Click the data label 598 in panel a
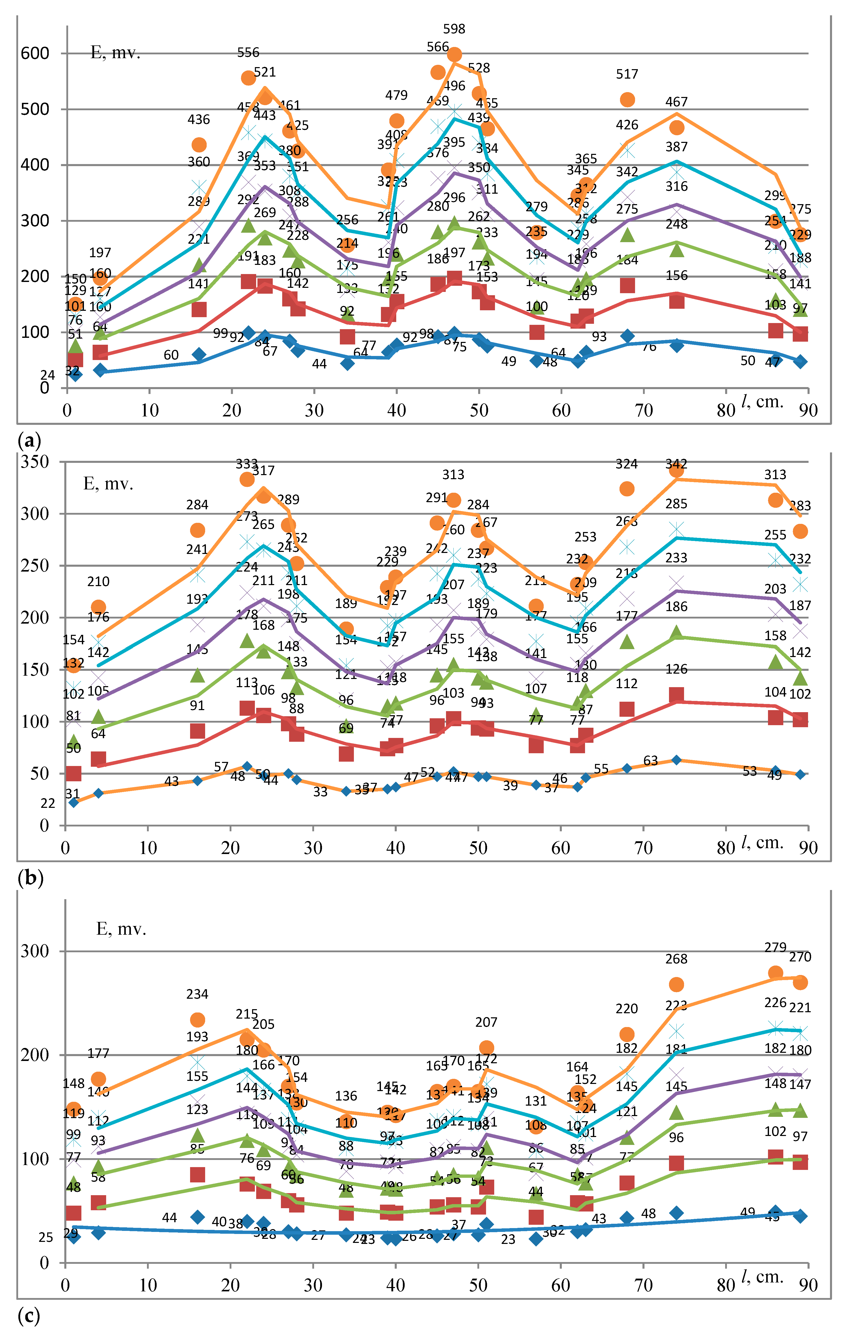tap(454, 29)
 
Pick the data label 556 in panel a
tap(248, 53)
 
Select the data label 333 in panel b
tap(247, 463)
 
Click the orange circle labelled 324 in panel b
tap(627, 488)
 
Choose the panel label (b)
tap(30, 877)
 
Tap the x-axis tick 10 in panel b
tap(148, 848)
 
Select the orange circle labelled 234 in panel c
tap(197, 1020)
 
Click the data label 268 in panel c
tap(676, 959)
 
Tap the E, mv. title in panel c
tap(121, 929)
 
